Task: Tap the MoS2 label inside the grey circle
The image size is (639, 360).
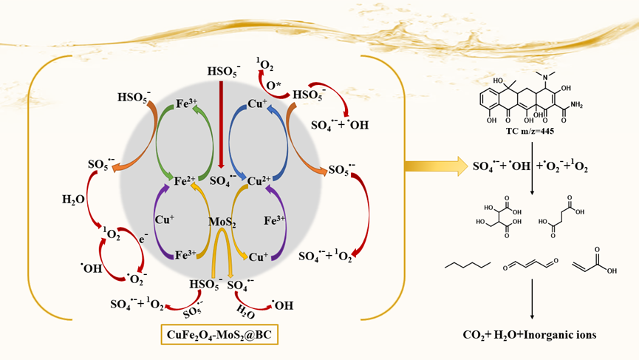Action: click(221, 222)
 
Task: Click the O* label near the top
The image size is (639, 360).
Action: click(273, 86)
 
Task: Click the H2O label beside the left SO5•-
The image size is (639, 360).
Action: click(74, 199)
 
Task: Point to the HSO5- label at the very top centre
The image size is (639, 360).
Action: click(222, 71)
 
